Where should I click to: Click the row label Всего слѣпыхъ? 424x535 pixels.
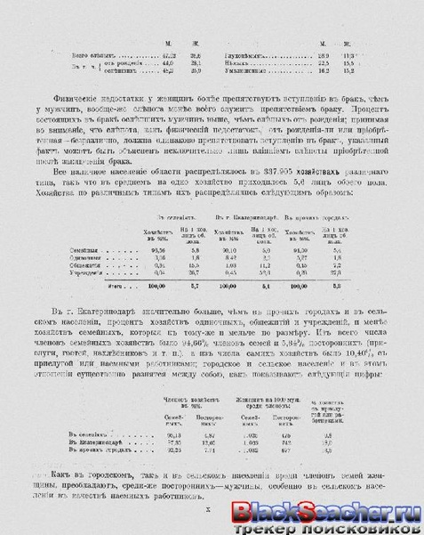point(74,54)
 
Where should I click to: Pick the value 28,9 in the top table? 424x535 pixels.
point(324,54)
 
